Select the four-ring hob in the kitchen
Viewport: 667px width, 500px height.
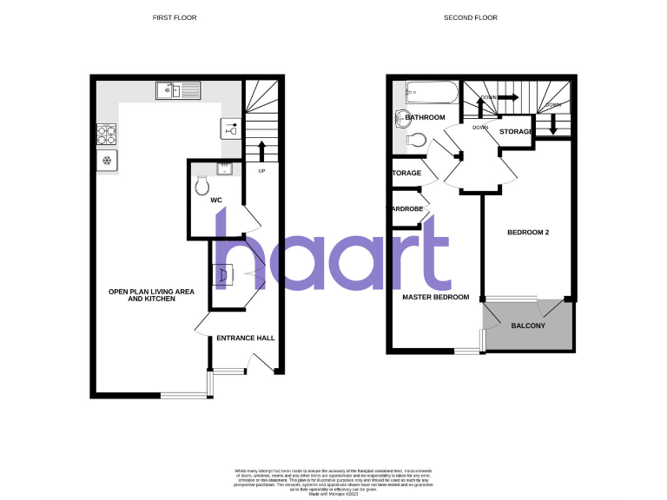tap(108, 135)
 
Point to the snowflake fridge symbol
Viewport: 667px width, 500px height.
tap(108, 160)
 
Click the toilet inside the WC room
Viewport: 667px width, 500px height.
tap(204, 185)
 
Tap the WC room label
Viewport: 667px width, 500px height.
tap(216, 201)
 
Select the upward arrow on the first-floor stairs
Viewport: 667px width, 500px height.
tap(261, 148)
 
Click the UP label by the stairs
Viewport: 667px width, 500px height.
tap(261, 170)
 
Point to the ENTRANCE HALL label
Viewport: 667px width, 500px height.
tap(246, 339)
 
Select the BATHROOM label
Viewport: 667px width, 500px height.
tap(425, 117)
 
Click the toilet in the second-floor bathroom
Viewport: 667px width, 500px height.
tap(416, 139)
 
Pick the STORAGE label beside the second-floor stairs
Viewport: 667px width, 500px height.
tap(516, 131)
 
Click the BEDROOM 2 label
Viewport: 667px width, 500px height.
tap(526, 233)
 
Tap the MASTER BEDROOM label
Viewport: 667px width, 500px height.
tap(435, 297)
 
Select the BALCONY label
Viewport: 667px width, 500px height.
tap(528, 326)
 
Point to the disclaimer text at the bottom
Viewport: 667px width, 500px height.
tap(333, 481)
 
